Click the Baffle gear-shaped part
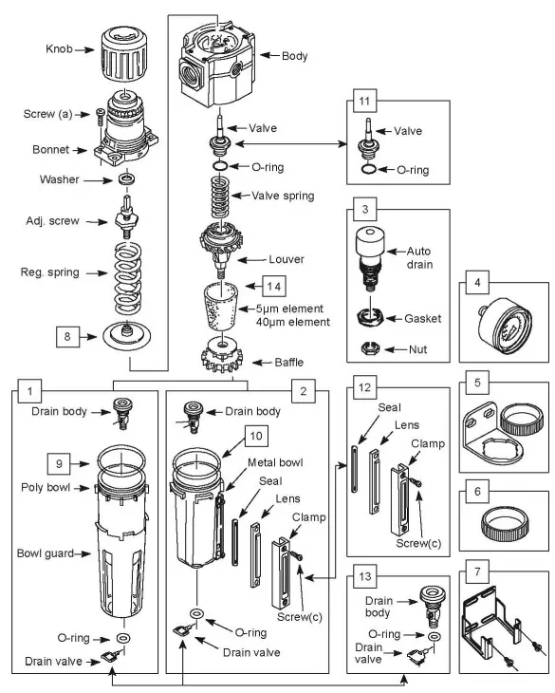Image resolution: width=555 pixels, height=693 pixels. (220, 359)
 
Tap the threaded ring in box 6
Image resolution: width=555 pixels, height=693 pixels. (503, 521)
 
